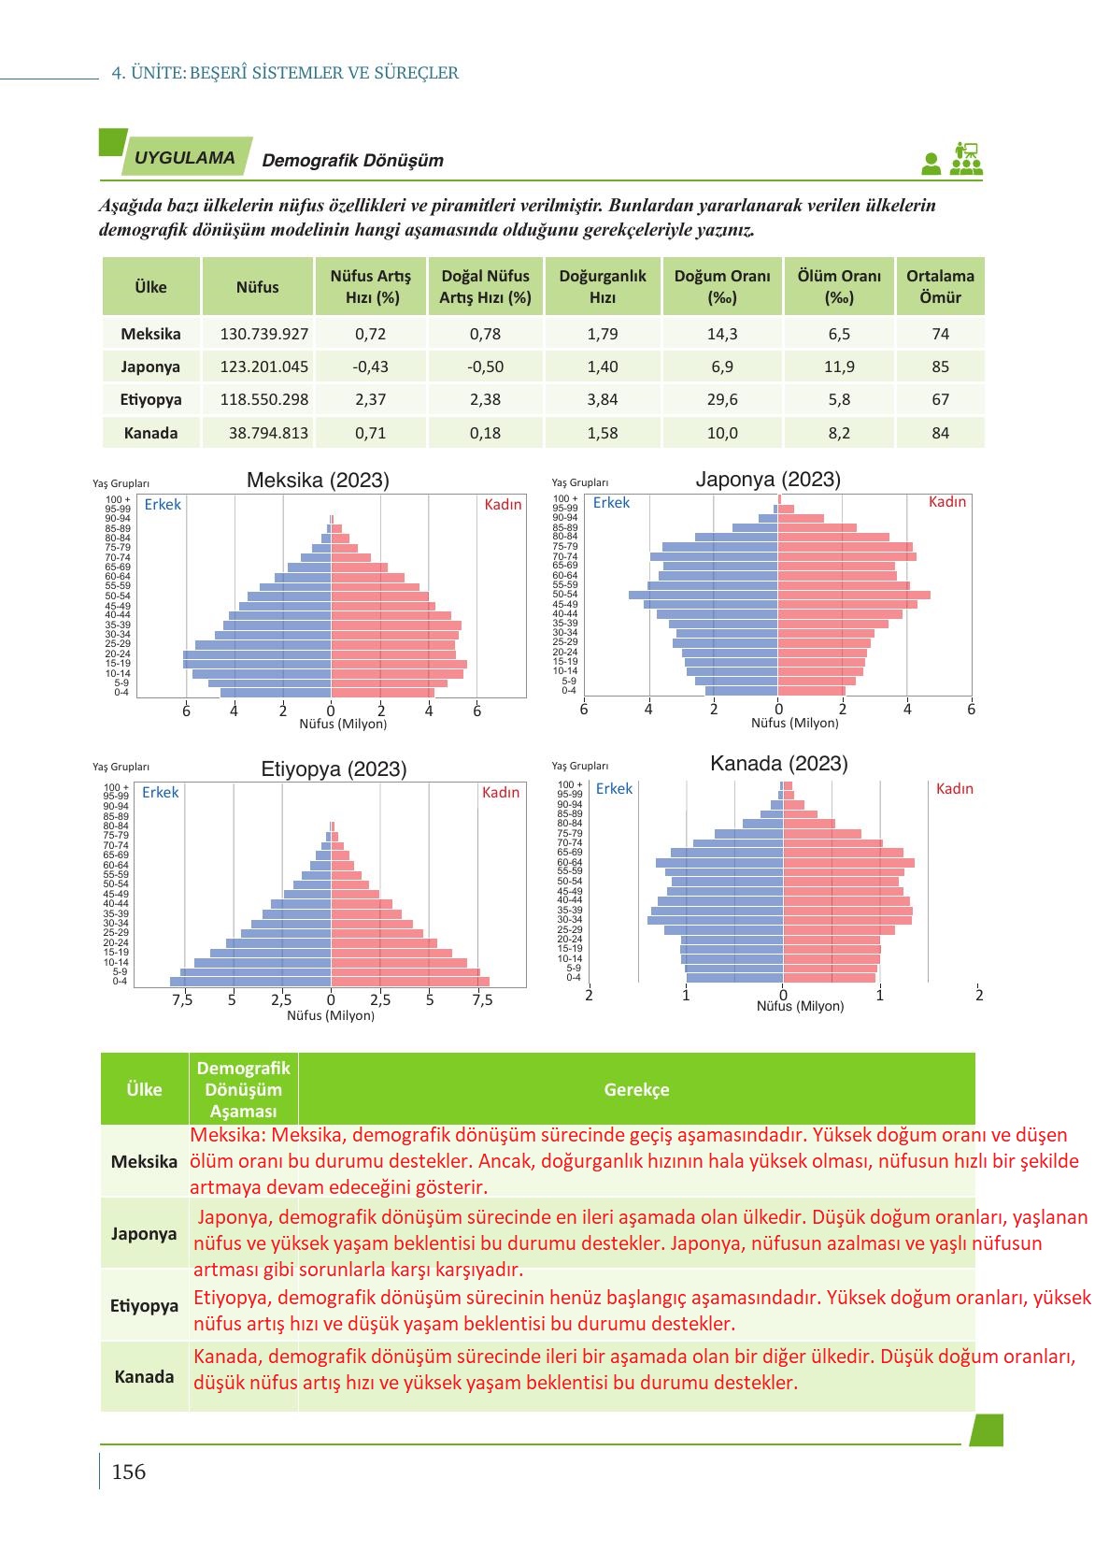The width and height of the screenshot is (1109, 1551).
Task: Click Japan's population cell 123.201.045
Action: click(263, 366)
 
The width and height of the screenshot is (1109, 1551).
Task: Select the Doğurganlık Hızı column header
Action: click(603, 286)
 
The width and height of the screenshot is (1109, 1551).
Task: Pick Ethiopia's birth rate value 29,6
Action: click(722, 399)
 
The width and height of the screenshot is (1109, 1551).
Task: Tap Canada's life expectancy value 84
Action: click(940, 433)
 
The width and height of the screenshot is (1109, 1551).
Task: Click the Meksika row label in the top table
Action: click(150, 334)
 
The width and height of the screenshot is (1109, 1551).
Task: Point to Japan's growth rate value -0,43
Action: click(370, 366)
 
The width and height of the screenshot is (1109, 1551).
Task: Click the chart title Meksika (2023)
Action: click(318, 481)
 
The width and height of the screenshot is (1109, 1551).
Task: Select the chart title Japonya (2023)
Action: click(768, 480)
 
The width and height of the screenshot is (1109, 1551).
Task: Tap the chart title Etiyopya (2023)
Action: click(334, 769)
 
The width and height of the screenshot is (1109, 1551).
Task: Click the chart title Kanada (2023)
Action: click(779, 764)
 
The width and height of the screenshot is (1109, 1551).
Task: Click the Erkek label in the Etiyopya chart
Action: click(160, 793)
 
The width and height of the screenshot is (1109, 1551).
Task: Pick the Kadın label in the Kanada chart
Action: click(954, 789)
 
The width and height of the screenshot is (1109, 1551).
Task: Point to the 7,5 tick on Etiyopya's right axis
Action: click(481, 999)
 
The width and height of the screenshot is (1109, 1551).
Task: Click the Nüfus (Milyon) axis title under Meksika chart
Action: click(343, 724)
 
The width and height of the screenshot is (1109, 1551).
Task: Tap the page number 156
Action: click(129, 1472)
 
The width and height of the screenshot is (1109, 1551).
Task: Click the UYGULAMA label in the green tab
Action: click(185, 158)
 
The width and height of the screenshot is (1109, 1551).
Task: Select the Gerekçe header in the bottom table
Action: click(636, 1089)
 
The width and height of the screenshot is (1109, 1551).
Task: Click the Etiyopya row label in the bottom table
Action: click(144, 1306)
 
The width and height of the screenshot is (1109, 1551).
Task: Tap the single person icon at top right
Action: click(931, 164)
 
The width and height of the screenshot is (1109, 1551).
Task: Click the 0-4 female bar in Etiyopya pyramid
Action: click(410, 982)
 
